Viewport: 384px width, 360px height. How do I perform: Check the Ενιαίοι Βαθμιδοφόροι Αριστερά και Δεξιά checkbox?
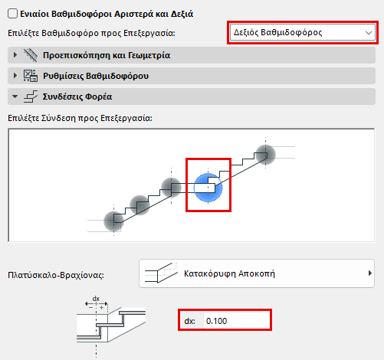[x=12, y=14]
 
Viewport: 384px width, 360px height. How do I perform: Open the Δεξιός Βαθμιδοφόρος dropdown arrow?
[x=369, y=33]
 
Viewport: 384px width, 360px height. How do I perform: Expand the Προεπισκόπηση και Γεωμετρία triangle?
[x=15, y=55]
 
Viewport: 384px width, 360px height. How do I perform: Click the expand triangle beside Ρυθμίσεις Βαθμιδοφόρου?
[x=15, y=76]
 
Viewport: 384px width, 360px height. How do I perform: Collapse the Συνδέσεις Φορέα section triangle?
[x=15, y=97]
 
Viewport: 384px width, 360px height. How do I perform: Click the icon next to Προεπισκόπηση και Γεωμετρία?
[x=31, y=55]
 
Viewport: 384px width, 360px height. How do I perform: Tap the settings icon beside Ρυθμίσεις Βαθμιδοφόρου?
[x=31, y=76]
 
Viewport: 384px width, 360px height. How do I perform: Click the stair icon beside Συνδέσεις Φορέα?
[x=31, y=97]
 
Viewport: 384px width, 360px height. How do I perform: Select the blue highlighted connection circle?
[x=208, y=188]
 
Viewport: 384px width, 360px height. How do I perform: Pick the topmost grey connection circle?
[x=265, y=155]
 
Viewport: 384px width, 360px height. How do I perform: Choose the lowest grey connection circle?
[x=113, y=221]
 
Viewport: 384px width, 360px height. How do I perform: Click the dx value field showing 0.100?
[x=236, y=321]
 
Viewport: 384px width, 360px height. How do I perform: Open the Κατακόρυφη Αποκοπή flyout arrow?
[x=369, y=273]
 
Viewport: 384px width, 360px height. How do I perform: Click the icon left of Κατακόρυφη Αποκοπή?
[x=161, y=273]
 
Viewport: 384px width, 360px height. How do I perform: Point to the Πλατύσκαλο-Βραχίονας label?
[x=56, y=275]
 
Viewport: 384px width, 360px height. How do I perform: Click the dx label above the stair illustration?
[x=96, y=299]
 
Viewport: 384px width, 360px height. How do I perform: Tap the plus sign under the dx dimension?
[x=101, y=307]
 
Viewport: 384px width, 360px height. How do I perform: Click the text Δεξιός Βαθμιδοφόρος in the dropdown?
[x=277, y=33]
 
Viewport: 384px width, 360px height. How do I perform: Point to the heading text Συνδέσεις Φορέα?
[x=77, y=97]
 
